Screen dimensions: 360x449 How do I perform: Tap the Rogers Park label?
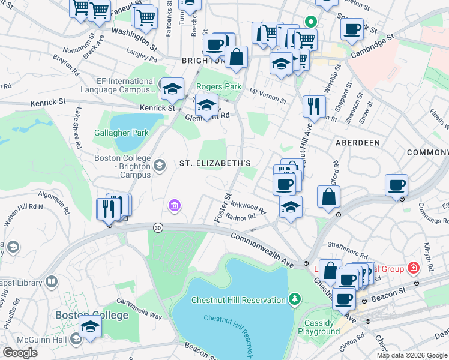(x=218, y=87)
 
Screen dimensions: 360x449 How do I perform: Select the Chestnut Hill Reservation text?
(x=238, y=300)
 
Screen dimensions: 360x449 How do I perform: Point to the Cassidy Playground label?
(x=319, y=327)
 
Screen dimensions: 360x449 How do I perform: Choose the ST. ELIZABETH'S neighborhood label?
(x=215, y=163)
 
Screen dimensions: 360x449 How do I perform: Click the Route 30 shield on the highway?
(x=158, y=227)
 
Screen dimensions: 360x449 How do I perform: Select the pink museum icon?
(x=174, y=207)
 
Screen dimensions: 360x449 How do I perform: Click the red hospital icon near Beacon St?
(x=413, y=267)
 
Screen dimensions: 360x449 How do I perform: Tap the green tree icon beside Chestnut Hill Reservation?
(x=294, y=299)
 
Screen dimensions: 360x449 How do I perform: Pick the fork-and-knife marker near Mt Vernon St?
(x=314, y=106)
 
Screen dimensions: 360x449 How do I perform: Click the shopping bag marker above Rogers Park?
(x=237, y=58)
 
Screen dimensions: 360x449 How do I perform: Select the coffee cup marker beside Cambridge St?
(x=352, y=29)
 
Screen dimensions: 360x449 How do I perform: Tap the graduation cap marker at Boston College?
(x=90, y=326)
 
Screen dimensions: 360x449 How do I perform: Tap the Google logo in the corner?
(x=20, y=353)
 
